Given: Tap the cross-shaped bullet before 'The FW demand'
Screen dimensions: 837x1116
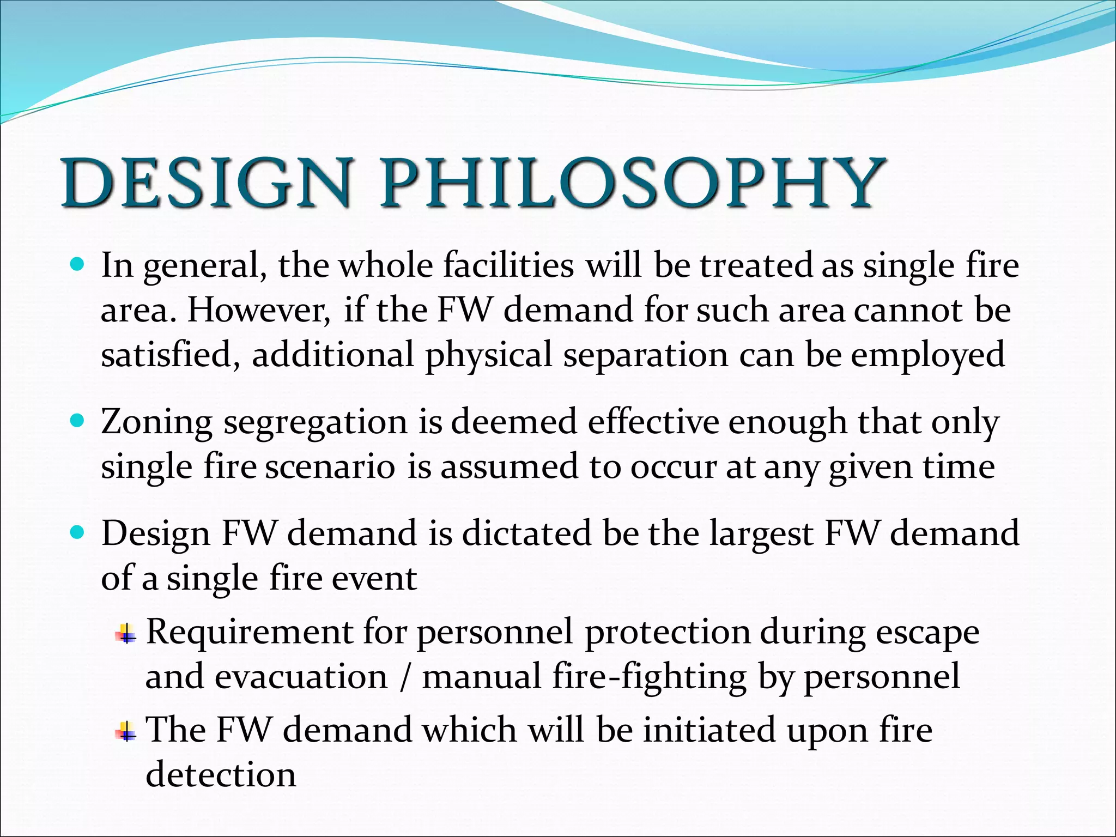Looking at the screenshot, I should (x=126, y=732).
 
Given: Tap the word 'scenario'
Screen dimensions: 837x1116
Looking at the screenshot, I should (x=330, y=468).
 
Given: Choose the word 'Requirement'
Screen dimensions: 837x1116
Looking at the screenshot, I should (x=250, y=633).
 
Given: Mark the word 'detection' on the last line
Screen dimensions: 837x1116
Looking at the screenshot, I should (x=221, y=775).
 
